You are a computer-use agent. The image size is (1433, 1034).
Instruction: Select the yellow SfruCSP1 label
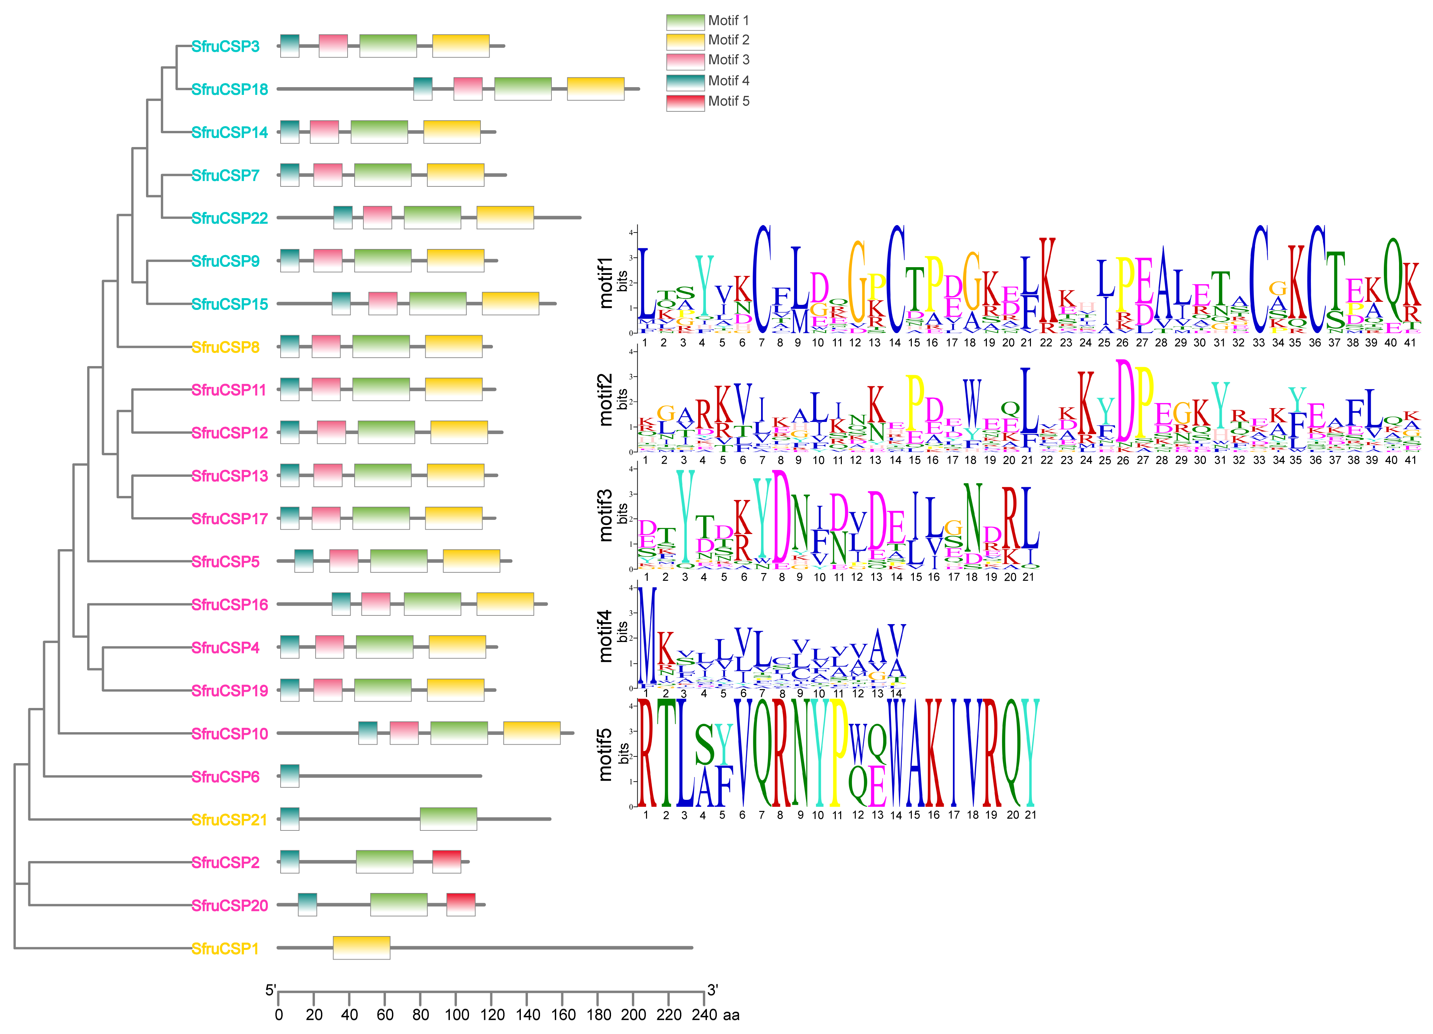tap(225, 949)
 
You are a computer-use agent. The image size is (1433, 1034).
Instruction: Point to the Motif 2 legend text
tap(728, 40)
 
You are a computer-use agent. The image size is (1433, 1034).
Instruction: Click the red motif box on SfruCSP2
tap(447, 862)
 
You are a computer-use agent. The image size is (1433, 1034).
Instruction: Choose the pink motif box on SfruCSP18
tap(468, 88)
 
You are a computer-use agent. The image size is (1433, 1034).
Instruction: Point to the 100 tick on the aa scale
tap(456, 1015)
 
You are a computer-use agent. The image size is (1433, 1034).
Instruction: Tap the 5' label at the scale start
tap(271, 990)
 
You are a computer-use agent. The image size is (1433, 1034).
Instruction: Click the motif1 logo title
tap(605, 283)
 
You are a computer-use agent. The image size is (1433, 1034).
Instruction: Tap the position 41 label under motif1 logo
tap(1410, 343)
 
